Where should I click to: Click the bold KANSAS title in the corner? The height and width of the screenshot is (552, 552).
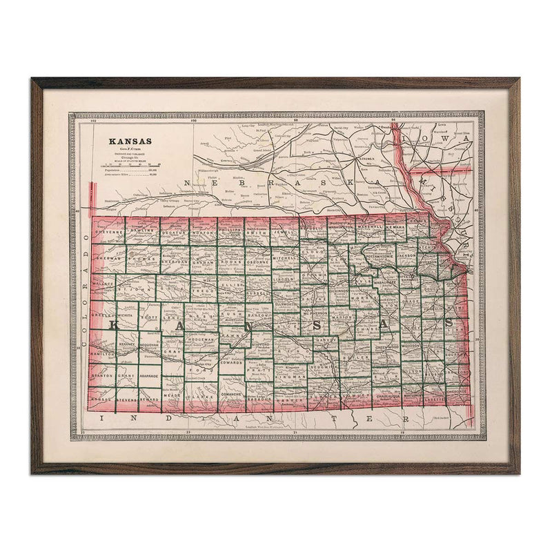(x=128, y=143)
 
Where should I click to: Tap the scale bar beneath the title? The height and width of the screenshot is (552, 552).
(x=132, y=166)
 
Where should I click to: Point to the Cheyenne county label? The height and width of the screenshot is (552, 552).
(x=108, y=233)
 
